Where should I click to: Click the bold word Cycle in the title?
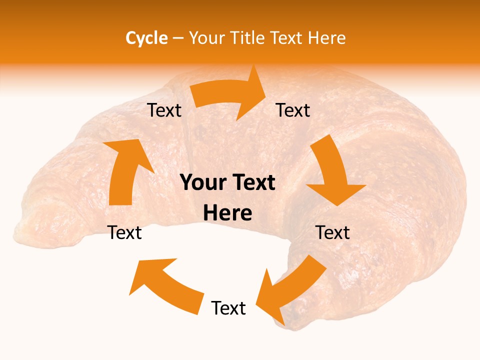point(146,38)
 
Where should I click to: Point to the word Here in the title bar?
point(326,38)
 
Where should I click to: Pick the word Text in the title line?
point(287,38)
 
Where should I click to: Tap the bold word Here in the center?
point(227,213)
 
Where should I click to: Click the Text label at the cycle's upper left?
point(164,110)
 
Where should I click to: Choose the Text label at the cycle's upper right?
point(293,110)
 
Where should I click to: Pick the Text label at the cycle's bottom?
point(228,308)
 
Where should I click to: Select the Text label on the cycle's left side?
point(124,232)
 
